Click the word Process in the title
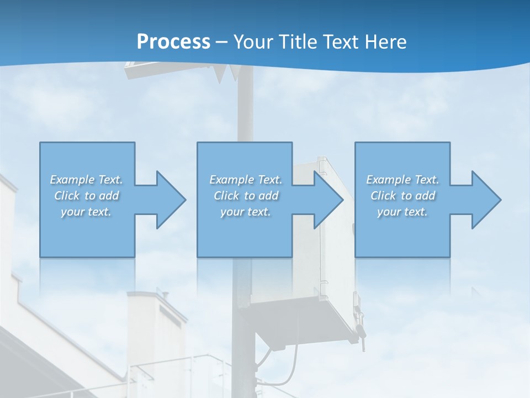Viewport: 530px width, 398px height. point(173,41)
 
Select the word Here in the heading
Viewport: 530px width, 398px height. point(385,41)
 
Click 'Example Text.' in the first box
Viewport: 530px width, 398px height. point(86,180)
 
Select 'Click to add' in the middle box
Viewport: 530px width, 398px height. point(246,196)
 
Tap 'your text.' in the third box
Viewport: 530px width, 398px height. point(402,212)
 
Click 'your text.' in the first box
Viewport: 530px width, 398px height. point(86,212)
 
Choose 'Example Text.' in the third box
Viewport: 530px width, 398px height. point(402,180)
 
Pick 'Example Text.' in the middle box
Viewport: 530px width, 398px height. point(246,180)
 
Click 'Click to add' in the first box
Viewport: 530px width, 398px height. point(86,196)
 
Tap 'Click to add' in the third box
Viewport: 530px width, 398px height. point(402,196)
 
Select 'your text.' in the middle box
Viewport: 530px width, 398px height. point(246,212)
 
